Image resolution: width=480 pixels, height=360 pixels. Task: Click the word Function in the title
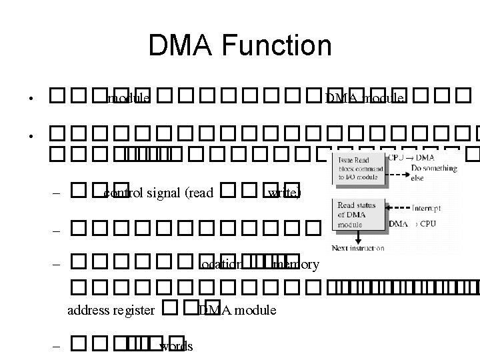tap(280, 45)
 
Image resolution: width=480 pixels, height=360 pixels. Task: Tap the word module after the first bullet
tap(128, 99)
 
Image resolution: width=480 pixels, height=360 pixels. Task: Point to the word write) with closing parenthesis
tap(285, 193)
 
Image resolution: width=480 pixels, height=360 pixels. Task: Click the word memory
tap(296, 264)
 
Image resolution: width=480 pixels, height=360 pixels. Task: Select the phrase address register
tap(112, 309)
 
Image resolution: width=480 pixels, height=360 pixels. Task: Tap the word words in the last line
tap(177, 345)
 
